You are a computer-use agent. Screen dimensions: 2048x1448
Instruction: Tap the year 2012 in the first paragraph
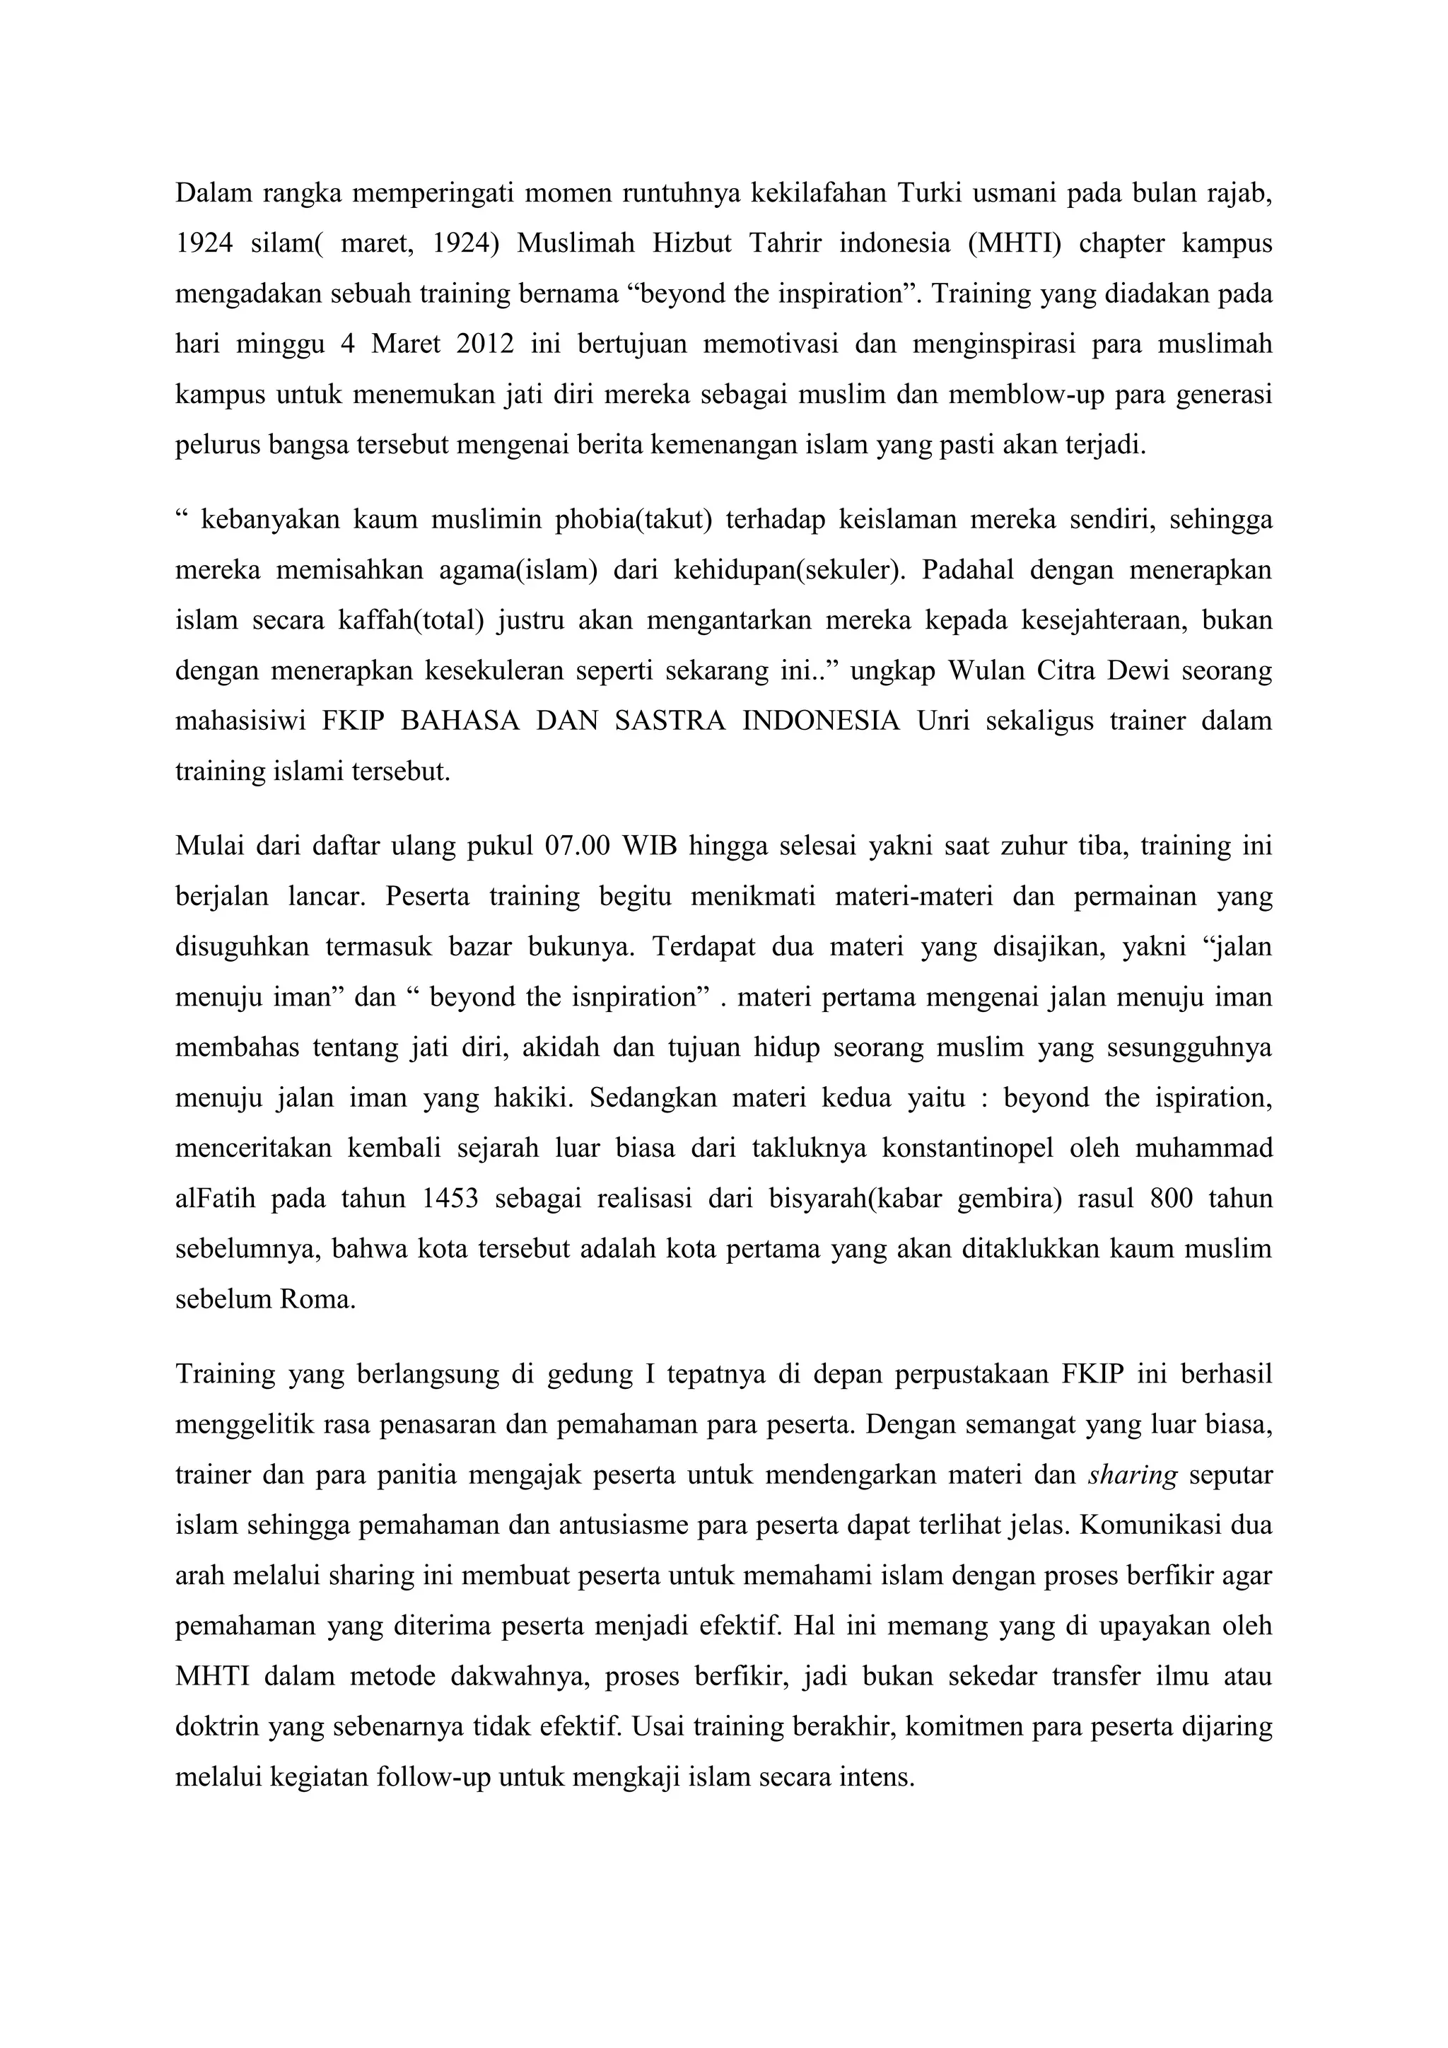coord(485,344)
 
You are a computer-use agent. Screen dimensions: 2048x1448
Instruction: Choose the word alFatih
coord(215,1198)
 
